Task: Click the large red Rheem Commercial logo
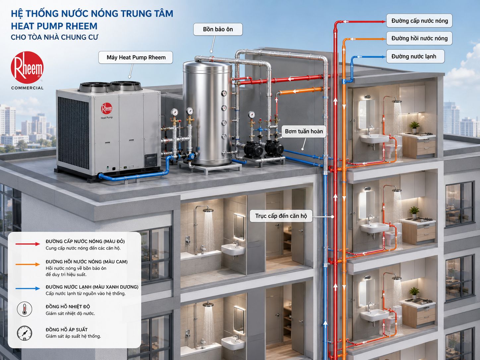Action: pyautogui.click(x=27, y=67)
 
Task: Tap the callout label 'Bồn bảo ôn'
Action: pyautogui.click(x=218, y=29)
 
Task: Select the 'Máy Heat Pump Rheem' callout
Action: pyautogui.click(x=136, y=57)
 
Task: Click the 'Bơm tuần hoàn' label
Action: pyautogui.click(x=304, y=131)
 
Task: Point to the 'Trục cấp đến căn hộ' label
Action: pyautogui.click(x=281, y=216)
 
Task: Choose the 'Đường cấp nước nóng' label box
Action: pyautogui.click(x=419, y=21)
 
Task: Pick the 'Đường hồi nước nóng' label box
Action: pyautogui.click(x=419, y=38)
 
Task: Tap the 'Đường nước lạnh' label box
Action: pyautogui.click(x=415, y=56)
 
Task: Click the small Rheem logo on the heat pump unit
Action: pyautogui.click(x=107, y=108)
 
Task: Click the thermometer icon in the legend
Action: pyautogui.click(x=25, y=309)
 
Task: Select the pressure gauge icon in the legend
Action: pyautogui.click(x=25, y=333)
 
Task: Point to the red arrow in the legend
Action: pyautogui.click(x=28, y=244)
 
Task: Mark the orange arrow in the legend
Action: pyautogui.click(x=28, y=264)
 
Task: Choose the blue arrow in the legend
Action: pyautogui.click(x=28, y=288)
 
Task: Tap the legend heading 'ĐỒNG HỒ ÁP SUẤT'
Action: pyautogui.click(x=67, y=330)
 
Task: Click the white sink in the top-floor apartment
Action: pyautogui.click(x=374, y=139)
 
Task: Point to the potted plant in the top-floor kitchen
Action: pyautogui.click(x=414, y=127)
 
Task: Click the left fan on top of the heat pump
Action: pyautogui.click(x=95, y=87)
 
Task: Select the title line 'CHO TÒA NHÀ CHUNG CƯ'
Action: pyautogui.click(x=54, y=37)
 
